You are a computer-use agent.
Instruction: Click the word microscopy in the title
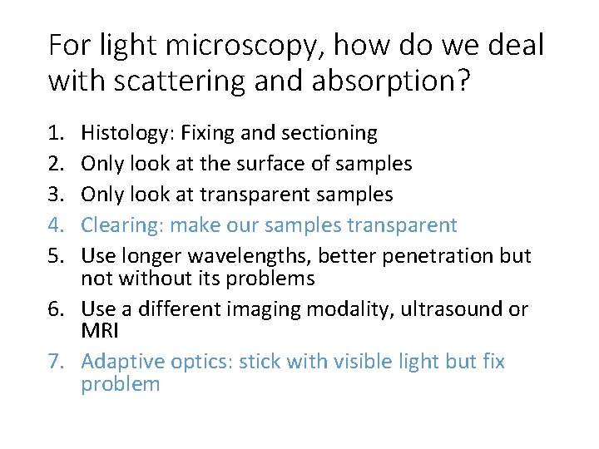tap(220, 45)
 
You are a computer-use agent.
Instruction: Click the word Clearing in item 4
tap(116, 225)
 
